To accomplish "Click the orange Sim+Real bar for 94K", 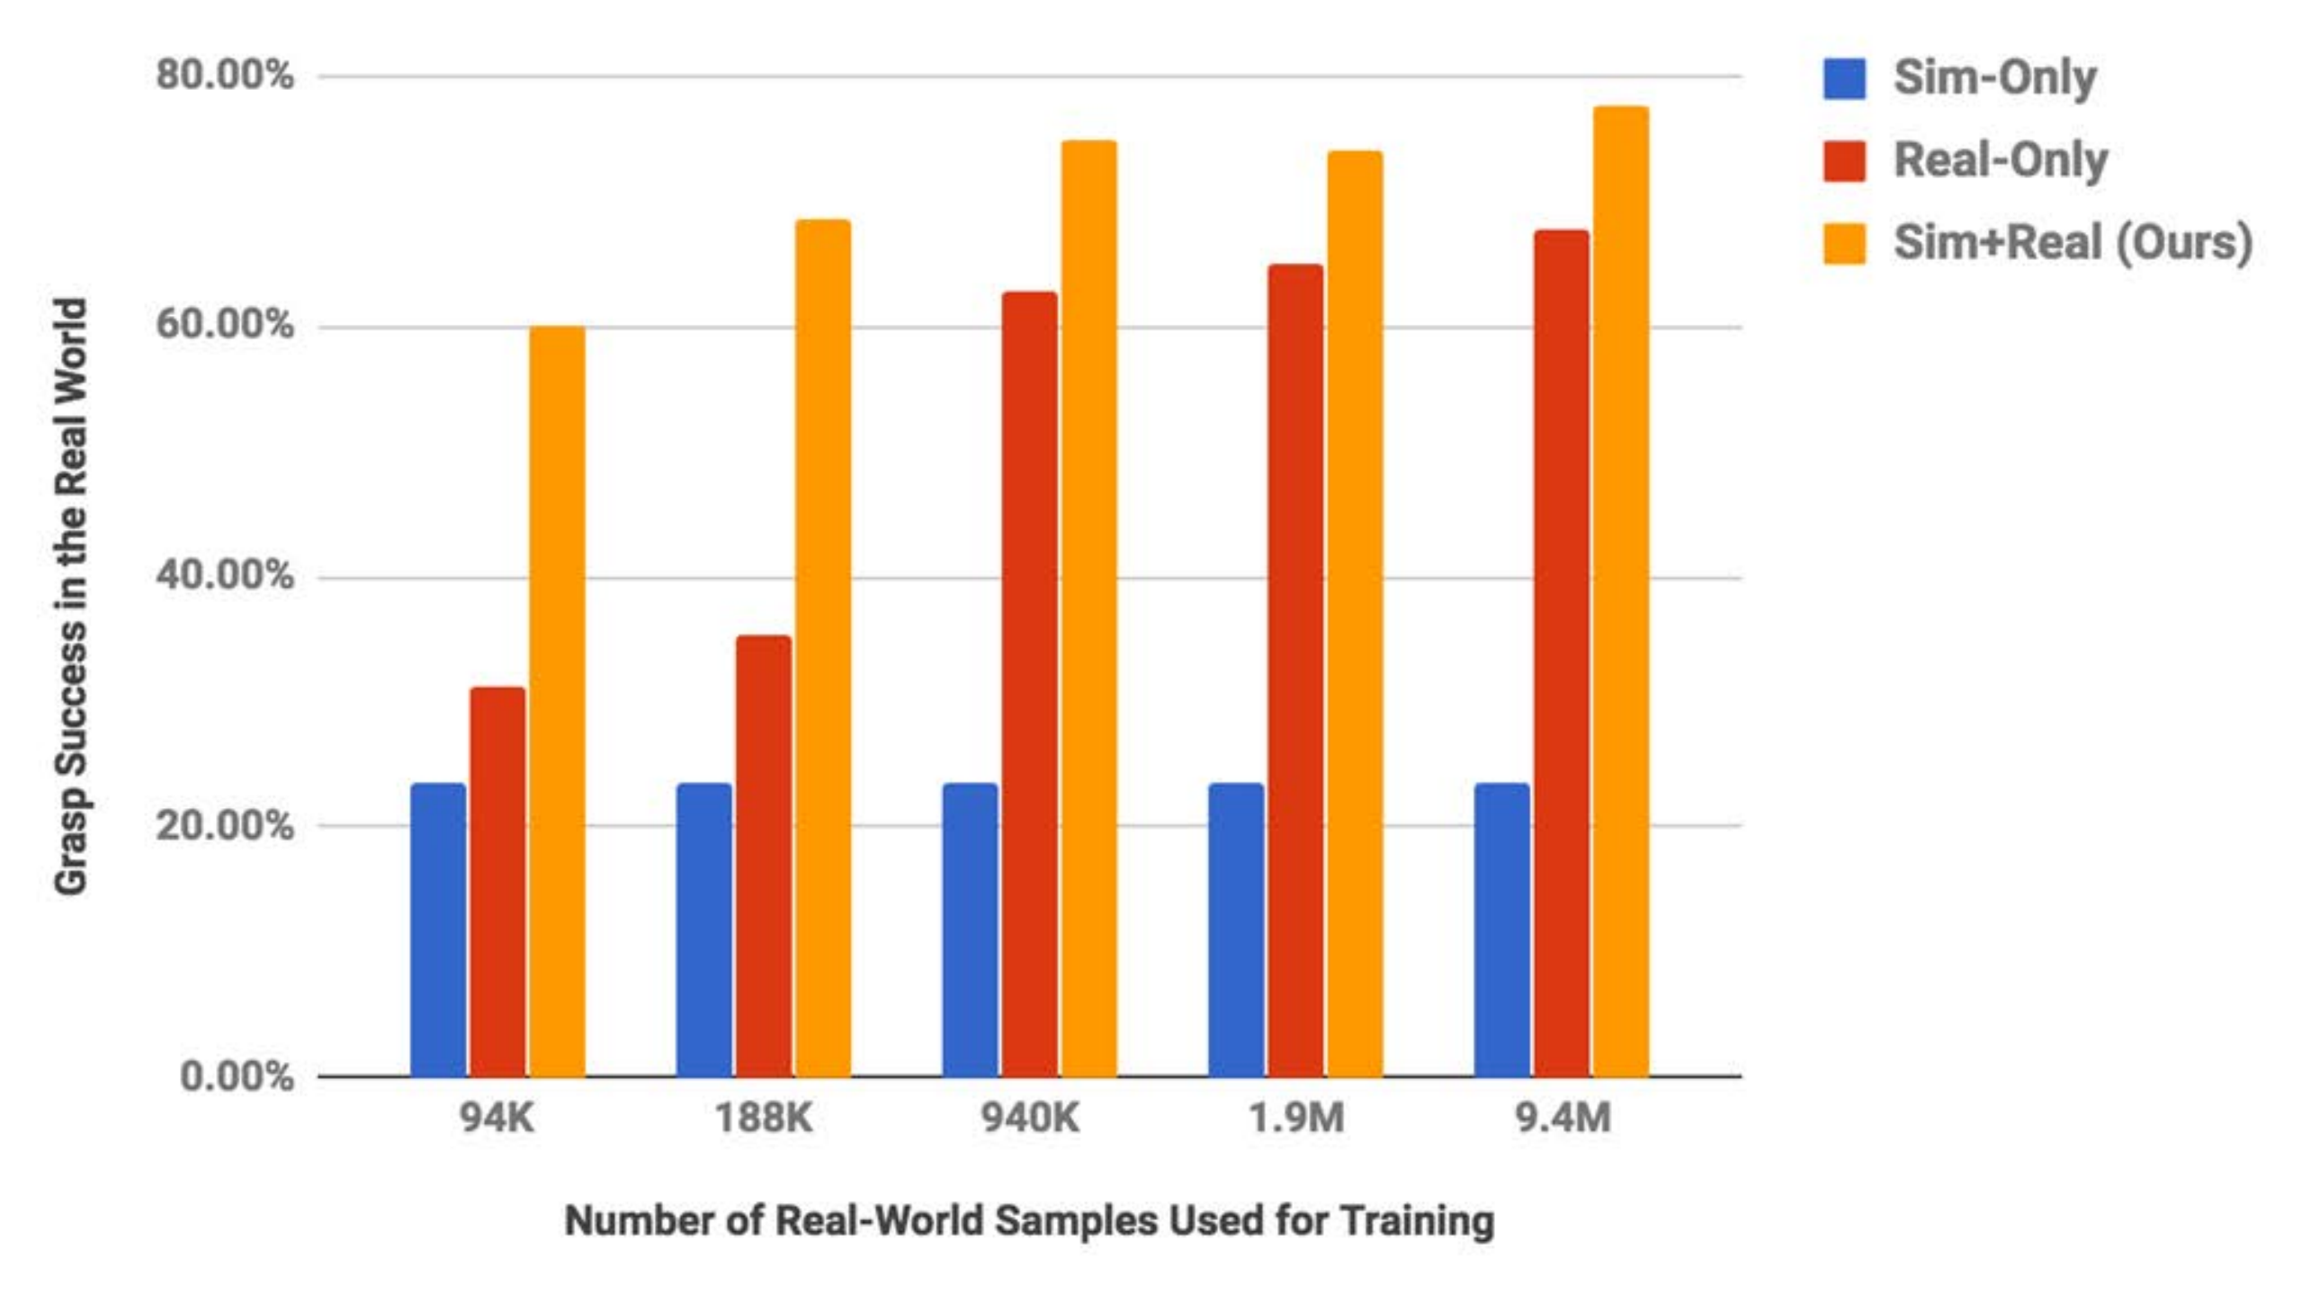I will tap(557, 702).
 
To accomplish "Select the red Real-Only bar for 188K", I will tap(764, 855).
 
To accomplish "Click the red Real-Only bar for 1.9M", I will tap(1295, 670).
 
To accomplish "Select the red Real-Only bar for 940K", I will tap(1030, 684).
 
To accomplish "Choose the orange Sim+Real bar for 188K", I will tap(823, 648).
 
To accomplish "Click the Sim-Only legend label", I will tap(1994, 77).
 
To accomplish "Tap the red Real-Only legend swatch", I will tap(1843, 161).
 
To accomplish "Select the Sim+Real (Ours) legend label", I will tap(2072, 243).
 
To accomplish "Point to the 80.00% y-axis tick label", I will tap(224, 75).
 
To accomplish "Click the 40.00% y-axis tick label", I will tap(224, 575).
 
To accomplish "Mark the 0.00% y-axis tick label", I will tap(236, 1075).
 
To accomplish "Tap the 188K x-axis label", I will tap(763, 1119).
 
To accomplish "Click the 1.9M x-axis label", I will tap(1295, 1119).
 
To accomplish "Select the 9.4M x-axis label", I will tap(1563, 1119).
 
